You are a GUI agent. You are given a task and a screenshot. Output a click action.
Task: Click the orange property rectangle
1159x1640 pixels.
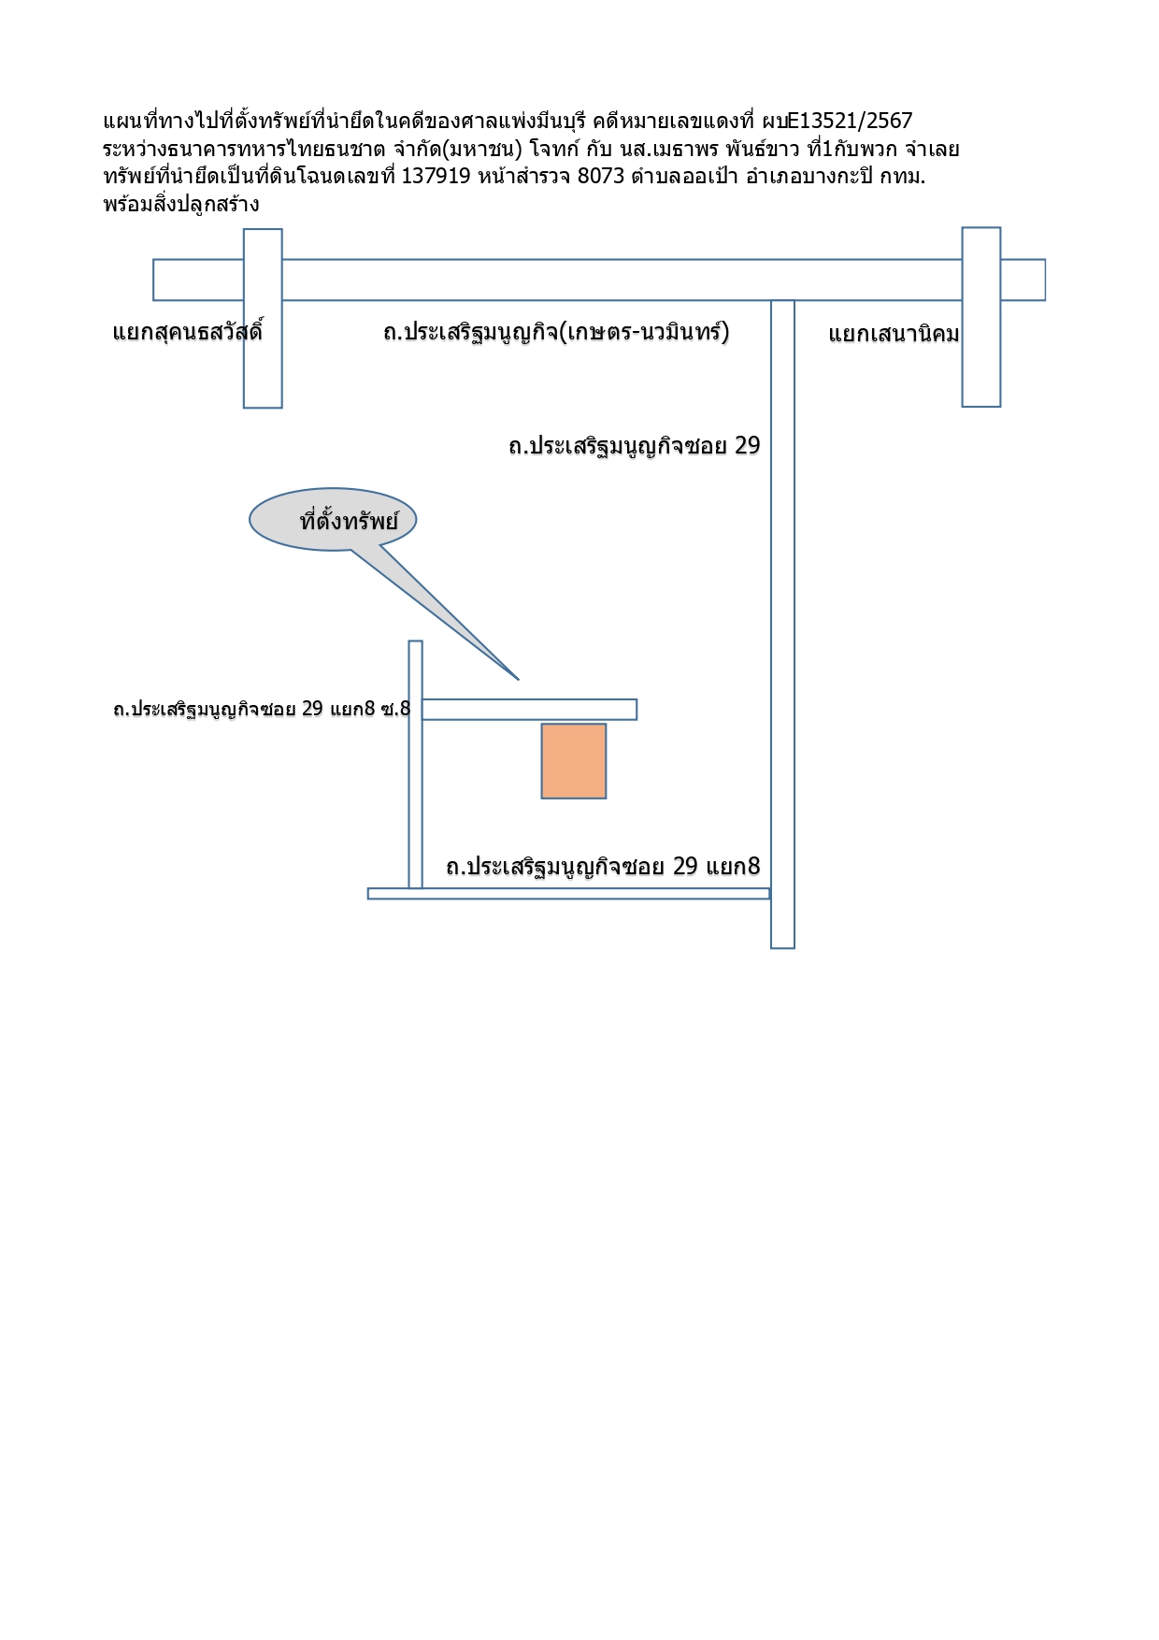tap(574, 761)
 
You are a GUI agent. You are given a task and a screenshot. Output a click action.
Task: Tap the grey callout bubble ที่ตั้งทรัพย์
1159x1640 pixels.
tap(333, 520)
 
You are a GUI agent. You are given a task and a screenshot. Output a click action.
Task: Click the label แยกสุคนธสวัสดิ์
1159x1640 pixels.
tap(188, 332)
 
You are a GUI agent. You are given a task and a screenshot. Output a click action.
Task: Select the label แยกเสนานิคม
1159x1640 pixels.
tap(894, 335)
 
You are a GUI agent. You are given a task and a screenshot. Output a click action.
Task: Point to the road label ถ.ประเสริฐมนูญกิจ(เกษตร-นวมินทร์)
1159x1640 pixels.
tap(556, 332)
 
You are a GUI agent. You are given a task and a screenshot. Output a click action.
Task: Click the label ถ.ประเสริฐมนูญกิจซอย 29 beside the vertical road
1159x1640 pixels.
tap(635, 446)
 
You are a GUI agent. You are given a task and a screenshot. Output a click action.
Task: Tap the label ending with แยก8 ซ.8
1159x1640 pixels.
tap(262, 709)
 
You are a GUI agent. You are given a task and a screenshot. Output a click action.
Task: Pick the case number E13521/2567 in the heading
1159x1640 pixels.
tap(850, 121)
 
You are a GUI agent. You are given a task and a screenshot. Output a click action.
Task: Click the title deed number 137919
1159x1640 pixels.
tap(436, 176)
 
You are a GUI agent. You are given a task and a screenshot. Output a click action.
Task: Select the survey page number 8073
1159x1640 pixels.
tap(601, 176)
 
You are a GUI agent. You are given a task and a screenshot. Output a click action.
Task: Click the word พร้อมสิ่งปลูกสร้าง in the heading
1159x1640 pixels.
tap(181, 204)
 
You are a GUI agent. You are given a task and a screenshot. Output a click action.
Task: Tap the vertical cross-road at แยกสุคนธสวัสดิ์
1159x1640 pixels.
tap(263, 319)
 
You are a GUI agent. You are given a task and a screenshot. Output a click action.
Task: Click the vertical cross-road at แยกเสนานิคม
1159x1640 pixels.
tap(981, 317)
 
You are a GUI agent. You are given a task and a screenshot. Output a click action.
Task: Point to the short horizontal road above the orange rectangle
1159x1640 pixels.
tap(529, 710)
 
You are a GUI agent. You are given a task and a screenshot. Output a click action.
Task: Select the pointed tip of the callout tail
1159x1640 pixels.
tap(518, 679)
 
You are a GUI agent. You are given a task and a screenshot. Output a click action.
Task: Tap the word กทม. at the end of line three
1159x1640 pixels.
tap(902, 176)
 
